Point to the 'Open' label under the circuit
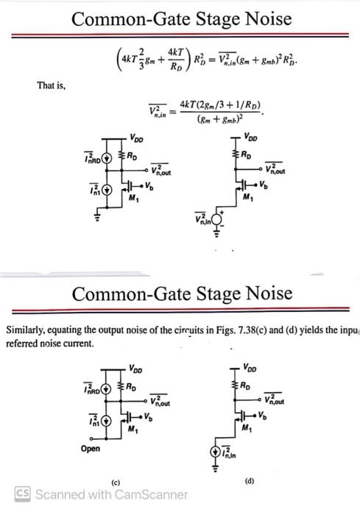pyautogui.click(x=91, y=449)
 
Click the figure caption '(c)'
pyautogui.click(x=115, y=482)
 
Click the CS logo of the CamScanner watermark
pyautogui.click(x=24, y=494)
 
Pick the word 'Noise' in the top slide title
pyautogui.click(x=255, y=16)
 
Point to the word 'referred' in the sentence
pyautogui.click(x=22, y=343)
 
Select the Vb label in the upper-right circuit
pyautogui.click(x=264, y=182)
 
